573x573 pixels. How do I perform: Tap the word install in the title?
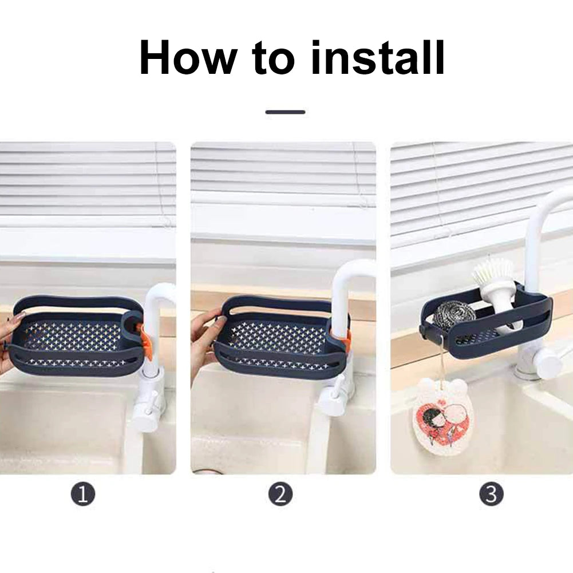[x=378, y=57]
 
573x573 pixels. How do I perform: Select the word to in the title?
[x=274, y=58]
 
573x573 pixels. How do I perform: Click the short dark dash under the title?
[x=286, y=112]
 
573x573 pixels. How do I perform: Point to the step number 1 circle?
[x=83, y=494]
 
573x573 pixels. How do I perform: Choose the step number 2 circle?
[x=280, y=494]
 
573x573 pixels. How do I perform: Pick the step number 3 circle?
[x=491, y=494]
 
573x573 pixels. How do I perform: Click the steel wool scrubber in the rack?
[x=455, y=314]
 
